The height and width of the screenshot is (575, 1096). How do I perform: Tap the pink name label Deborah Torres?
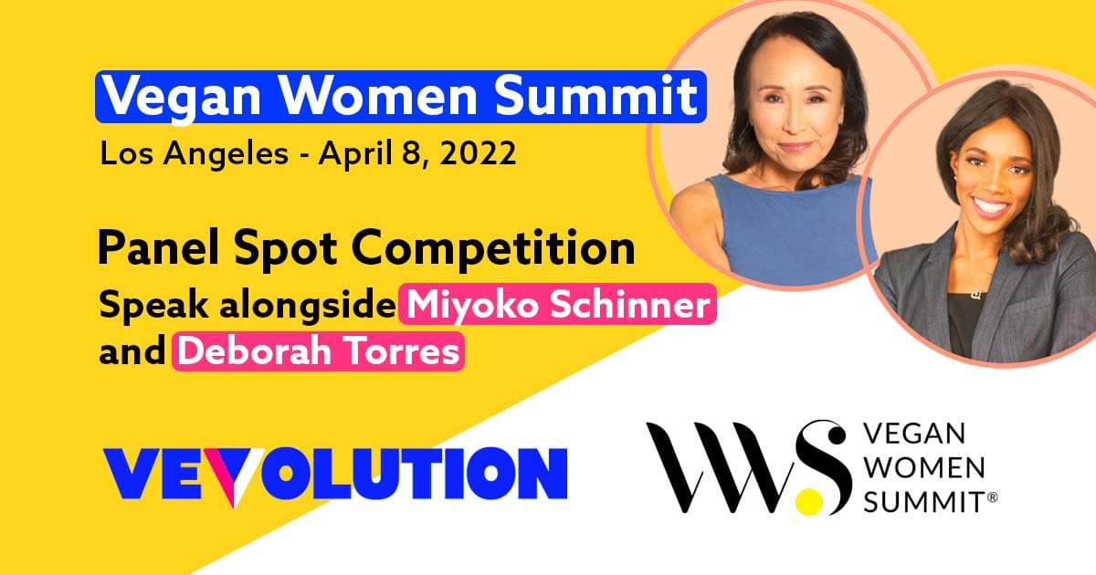[x=319, y=351]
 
